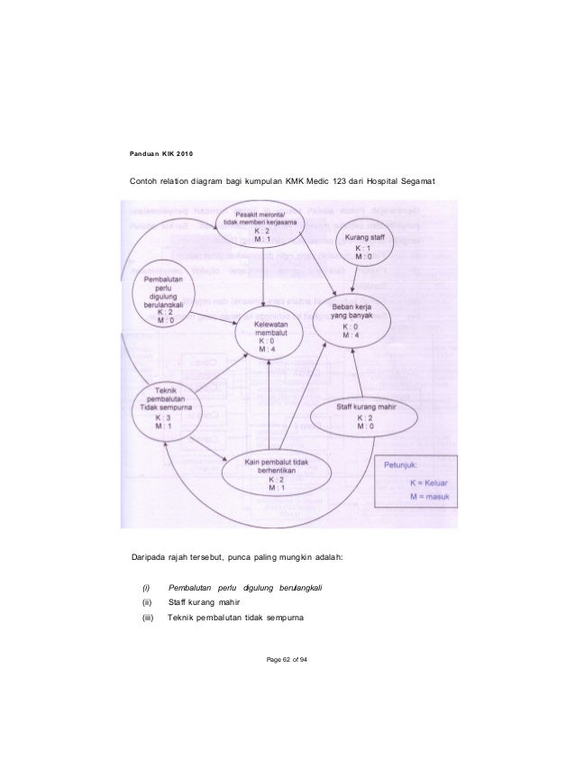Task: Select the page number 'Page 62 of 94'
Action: coord(287,664)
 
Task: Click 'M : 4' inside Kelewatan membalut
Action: coord(266,351)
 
